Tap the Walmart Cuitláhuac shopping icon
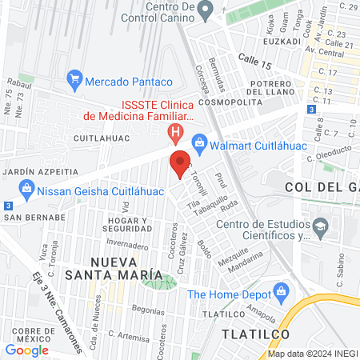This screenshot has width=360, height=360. [201, 145]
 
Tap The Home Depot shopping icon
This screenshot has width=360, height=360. [281, 294]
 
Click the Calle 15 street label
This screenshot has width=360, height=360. [255, 59]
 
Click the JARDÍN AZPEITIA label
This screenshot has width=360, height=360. [41, 171]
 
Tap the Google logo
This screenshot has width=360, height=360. [26, 349]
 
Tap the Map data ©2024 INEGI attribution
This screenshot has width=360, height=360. [312, 354]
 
